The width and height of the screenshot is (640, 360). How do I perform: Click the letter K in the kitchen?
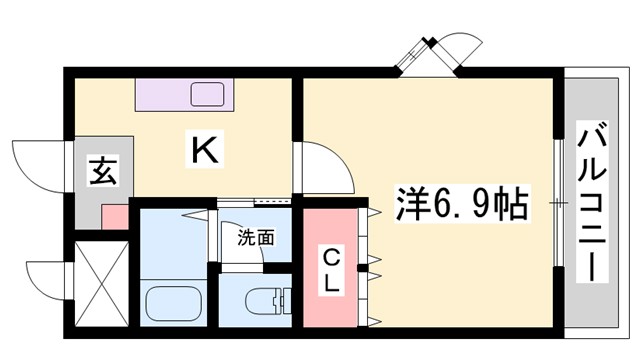[x=205, y=152]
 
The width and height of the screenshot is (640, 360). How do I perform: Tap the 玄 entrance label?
[x=103, y=171]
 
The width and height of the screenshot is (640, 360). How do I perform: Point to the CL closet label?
[x=329, y=268]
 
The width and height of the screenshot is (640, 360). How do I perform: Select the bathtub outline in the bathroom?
[x=173, y=301]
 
